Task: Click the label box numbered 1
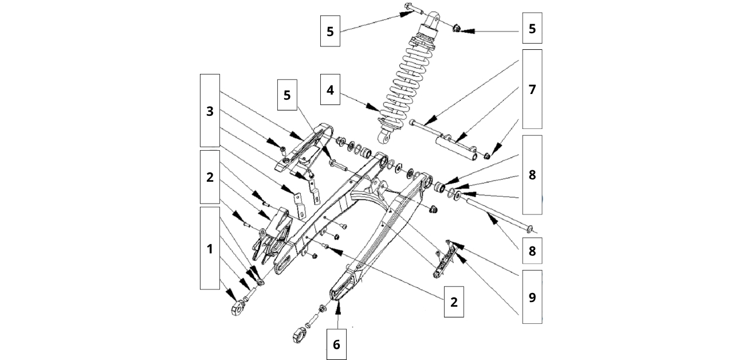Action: (x=210, y=248)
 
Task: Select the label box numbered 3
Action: (x=210, y=111)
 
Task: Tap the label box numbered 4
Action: (x=331, y=91)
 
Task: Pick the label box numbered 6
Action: (x=336, y=344)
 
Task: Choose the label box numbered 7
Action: (x=532, y=89)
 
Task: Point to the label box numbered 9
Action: (x=532, y=296)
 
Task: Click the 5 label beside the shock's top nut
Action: (x=532, y=28)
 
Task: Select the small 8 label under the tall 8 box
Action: (x=532, y=251)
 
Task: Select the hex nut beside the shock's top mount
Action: (x=457, y=28)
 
